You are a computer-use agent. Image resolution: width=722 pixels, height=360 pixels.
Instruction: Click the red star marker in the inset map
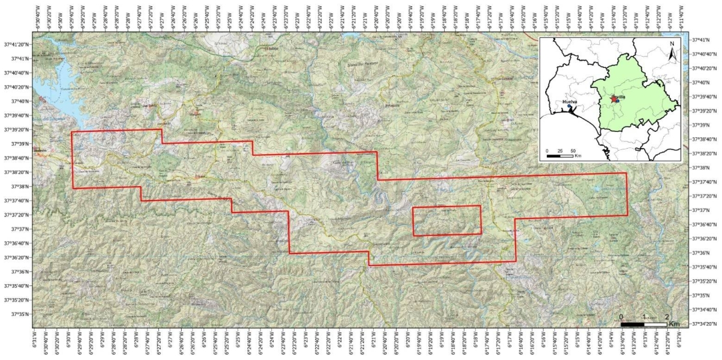coord(612,98)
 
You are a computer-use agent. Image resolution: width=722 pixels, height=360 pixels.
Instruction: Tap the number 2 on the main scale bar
coord(667,316)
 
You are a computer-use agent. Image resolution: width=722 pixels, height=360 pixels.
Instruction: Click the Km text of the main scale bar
coord(674,324)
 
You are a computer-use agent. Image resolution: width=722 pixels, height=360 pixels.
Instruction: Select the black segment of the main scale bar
coord(632,324)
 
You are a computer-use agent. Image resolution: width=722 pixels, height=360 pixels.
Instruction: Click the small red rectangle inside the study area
coord(446,220)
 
